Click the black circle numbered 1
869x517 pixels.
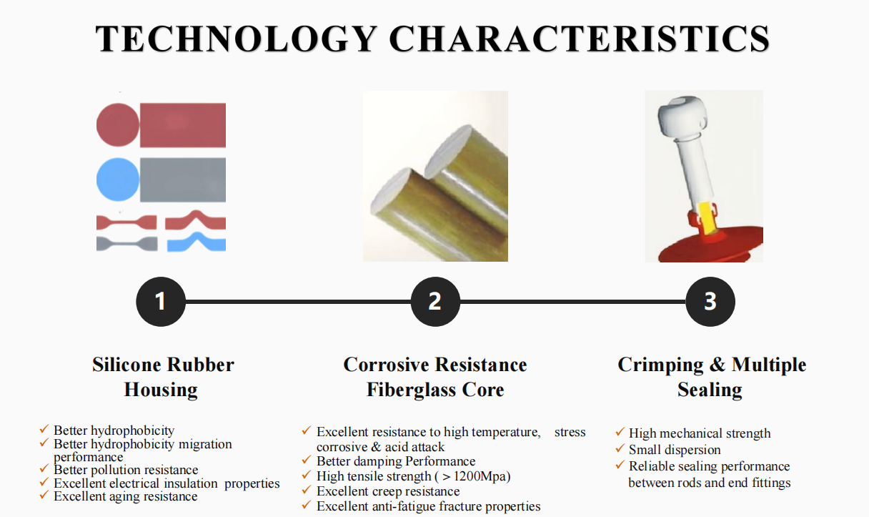tap(161, 302)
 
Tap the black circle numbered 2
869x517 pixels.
tap(435, 302)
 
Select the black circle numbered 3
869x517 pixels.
tap(710, 302)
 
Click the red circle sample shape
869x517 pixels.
tap(117, 125)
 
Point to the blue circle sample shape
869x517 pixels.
tap(117, 179)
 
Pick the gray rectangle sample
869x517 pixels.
tap(183, 179)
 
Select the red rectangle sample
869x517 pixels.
tap(183, 125)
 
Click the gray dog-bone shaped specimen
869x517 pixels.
tap(127, 244)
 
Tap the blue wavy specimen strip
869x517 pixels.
tap(197, 242)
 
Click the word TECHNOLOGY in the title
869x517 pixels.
tap(236, 39)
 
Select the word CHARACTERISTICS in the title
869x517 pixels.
tap(580, 39)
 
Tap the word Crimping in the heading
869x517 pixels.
tap(660, 365)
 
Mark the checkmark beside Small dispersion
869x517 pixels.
tap(620, 448)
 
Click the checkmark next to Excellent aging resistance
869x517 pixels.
tap(44, 495)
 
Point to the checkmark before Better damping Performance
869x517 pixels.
tap(307, 460)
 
